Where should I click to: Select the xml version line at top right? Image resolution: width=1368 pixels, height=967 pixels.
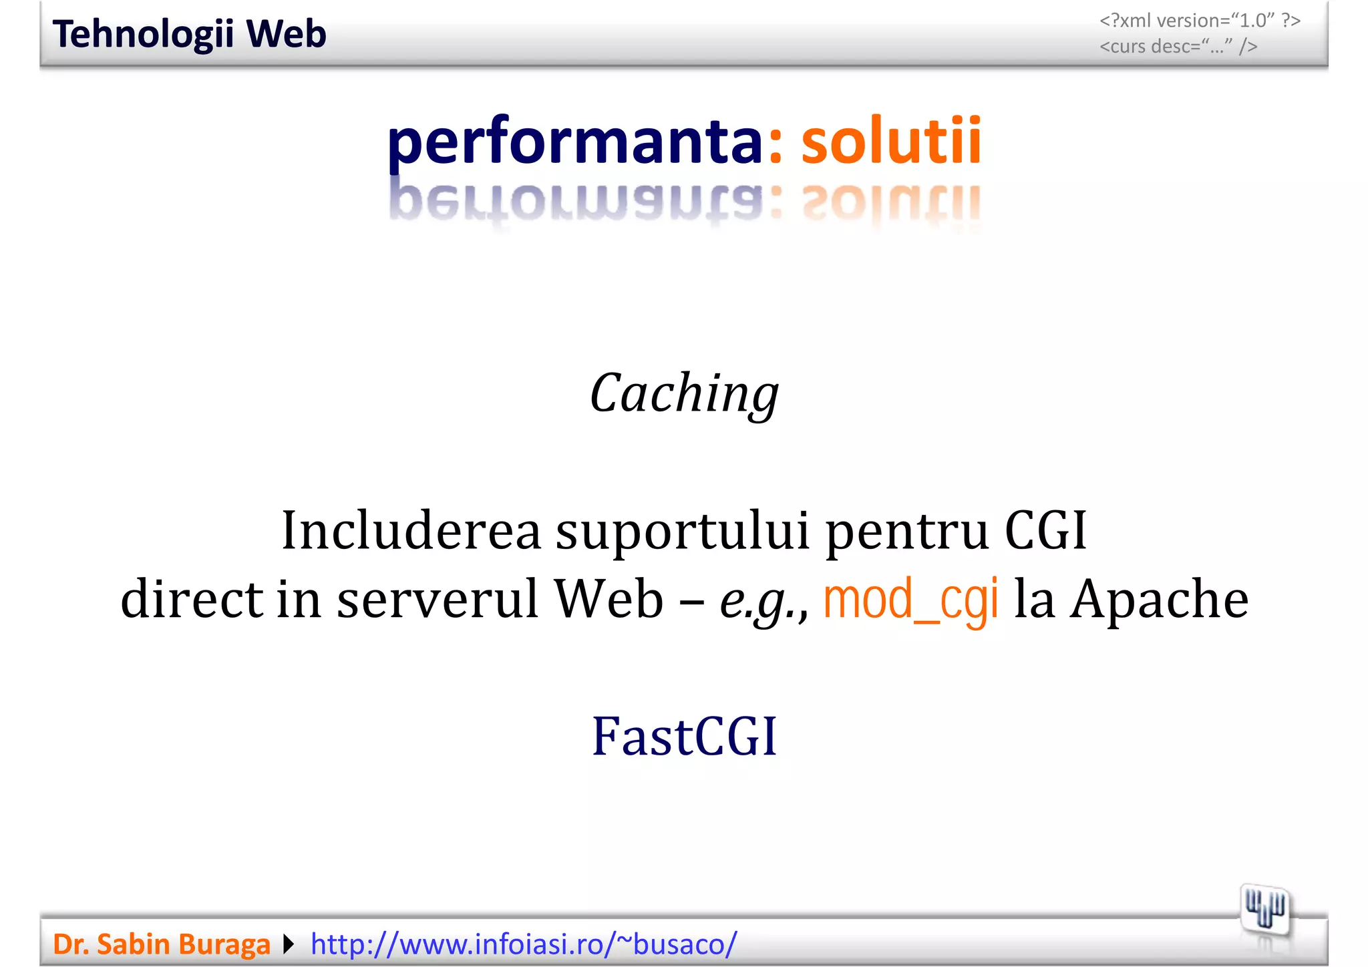click(1200, 21)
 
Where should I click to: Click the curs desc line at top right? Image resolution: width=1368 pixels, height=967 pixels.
click(1178, 46)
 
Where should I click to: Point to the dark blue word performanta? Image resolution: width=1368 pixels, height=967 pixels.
click(574, 142)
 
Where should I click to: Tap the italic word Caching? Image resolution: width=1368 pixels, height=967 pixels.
click(684, 394)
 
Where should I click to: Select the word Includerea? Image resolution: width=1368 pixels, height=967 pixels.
click(411, 531)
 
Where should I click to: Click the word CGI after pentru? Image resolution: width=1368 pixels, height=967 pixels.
click(1046, 531)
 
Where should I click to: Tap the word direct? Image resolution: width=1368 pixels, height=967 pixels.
click(191, 599)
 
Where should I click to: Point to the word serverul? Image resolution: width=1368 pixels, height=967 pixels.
click(438, 599)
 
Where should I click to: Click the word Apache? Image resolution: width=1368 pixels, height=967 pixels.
click(1159, 599)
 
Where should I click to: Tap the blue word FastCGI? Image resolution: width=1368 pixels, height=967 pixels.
click(684, 737)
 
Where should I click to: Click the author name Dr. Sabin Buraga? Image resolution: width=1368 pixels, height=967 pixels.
click(162, 944)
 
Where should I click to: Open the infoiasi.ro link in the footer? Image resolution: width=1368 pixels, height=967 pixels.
click(524, 944)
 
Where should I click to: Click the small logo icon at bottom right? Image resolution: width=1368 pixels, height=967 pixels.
click(1264, 910)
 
